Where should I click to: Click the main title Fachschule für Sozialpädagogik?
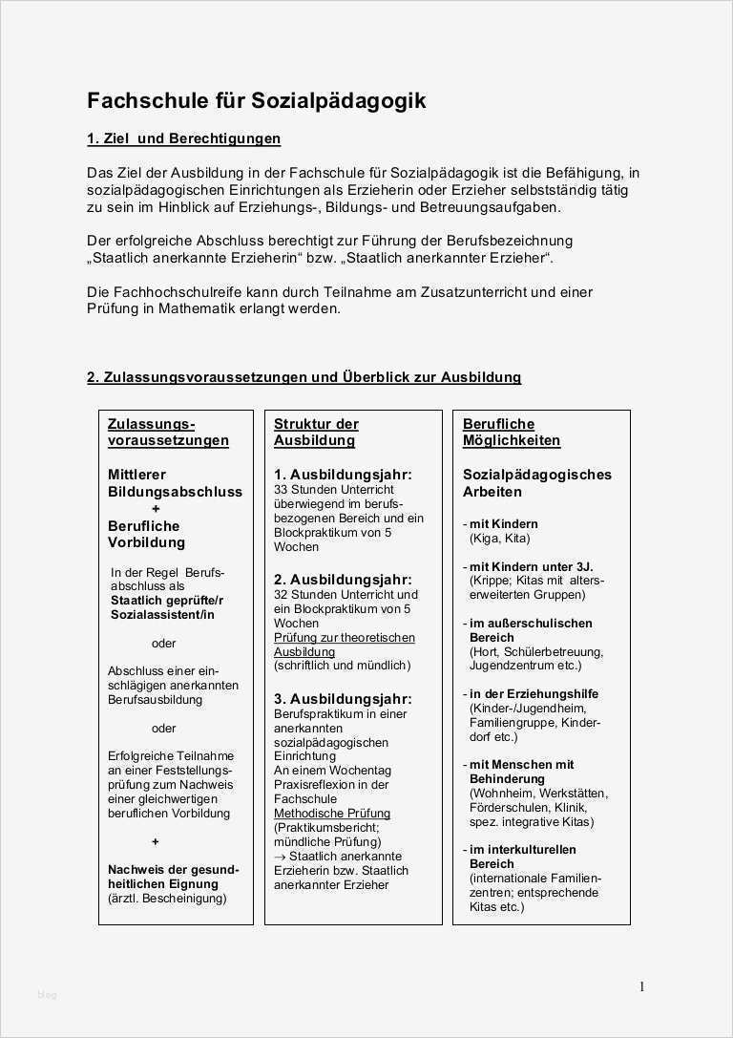tap(257, 100)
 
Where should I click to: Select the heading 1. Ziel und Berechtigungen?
tap(183, 138)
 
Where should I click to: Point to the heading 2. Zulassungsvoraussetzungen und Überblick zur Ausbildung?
tap(304, 377)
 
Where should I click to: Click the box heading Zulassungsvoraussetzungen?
tap(168, 432)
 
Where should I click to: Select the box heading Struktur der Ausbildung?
tap(316, 432)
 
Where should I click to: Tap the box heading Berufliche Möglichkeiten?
tap(512, 432)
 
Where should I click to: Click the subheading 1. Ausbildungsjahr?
tap(343, 475)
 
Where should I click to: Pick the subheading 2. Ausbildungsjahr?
tap(343, 580)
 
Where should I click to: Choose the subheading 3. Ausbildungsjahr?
tap(343, 699)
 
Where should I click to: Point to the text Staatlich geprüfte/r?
tap(166, 600)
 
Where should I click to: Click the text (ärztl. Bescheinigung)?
tap(167, 899)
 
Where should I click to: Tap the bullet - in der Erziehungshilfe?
tap(531, 694)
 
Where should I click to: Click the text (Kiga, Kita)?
tap(499, 539)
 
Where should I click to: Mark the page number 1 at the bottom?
tap(642, 987)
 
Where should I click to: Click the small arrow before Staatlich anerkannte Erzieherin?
tap(280, 857)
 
